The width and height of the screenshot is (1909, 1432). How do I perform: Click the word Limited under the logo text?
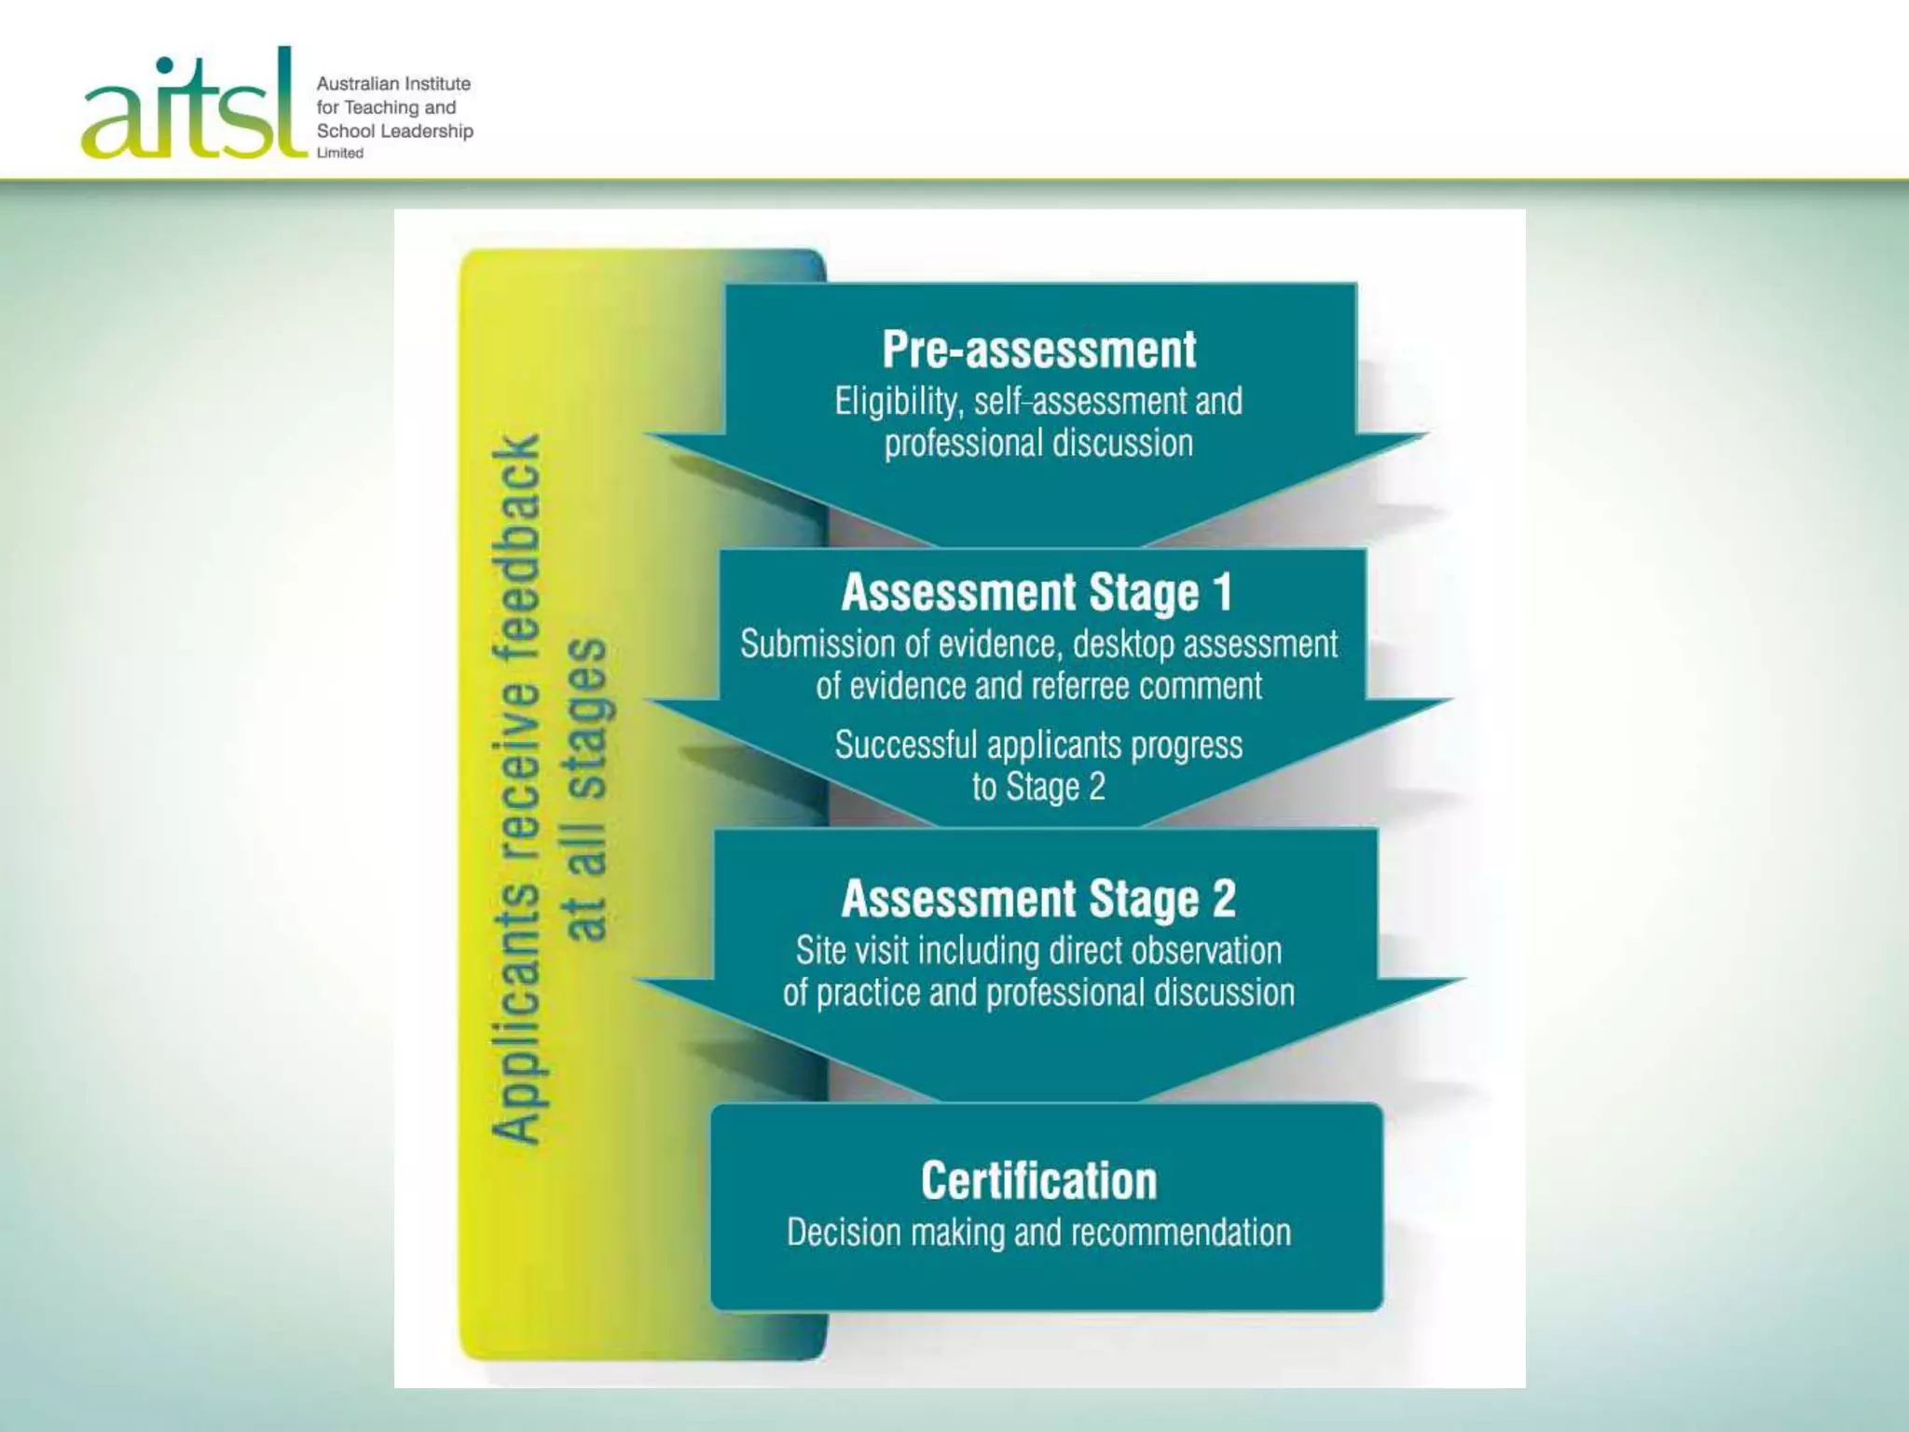[340, 153]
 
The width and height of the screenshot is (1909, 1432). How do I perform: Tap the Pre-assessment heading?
[1038, 351]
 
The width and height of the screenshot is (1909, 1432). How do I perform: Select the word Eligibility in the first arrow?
[898, 402]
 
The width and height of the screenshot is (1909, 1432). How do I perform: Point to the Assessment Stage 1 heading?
[1037, 593]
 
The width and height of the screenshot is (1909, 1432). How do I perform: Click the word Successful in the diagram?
[906, 745]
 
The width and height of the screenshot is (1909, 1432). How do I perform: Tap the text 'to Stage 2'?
[1038, 787]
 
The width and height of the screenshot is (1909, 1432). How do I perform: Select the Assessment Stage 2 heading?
[1038, 899]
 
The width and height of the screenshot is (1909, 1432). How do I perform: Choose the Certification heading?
[1038, 1181]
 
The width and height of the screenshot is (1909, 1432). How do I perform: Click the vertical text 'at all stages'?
[587, 789]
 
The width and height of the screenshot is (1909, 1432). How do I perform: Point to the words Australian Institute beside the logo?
[393, 84]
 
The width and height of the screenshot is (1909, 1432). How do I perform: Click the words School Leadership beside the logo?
[394, 131]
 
